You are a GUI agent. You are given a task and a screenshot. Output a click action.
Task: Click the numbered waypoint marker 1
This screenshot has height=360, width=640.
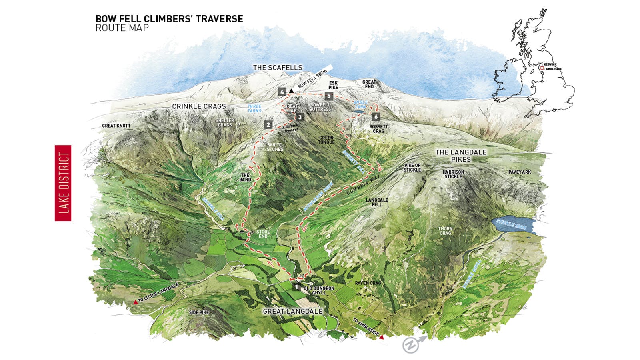point(296,287)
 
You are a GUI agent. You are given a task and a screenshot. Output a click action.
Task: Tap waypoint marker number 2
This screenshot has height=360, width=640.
point(268,124)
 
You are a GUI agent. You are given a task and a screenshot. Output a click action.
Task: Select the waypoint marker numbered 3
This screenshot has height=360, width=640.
point(300,117)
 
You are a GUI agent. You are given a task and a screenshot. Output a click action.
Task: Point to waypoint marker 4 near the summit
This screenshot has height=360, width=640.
point(282,92)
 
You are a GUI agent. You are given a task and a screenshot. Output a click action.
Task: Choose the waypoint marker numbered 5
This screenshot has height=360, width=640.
point(329,96)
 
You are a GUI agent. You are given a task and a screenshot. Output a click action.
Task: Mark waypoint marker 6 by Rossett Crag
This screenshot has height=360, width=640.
point(376,117)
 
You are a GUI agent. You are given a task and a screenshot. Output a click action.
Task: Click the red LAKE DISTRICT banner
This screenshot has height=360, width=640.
point(63,183)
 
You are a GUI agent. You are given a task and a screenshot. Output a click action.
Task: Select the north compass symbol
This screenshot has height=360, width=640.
point(411,345)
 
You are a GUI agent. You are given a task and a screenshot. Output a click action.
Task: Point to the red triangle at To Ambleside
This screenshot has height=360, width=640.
point(382,337)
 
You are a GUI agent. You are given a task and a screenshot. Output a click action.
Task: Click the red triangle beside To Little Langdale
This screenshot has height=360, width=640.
point(136,302)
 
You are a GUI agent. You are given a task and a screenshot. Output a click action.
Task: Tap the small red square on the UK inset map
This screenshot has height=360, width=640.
point(542,68)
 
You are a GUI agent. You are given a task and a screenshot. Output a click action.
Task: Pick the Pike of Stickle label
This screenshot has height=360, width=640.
point(412,168)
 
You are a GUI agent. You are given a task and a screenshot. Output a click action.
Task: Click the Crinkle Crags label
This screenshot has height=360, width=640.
point(199,106)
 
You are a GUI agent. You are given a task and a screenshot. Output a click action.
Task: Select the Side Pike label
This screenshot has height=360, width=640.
point(199,312)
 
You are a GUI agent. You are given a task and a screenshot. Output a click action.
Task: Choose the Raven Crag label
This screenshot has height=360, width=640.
point(368,283)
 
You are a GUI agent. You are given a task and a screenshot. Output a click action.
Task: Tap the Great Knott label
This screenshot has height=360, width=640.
point(116,126)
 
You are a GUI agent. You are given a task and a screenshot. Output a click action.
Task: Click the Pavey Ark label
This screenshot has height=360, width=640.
point(520,172)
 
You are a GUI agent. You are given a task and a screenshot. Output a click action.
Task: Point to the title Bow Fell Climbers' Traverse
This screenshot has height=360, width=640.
point(169,19)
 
